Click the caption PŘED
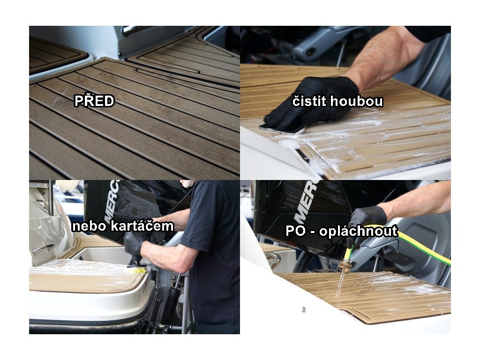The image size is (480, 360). point(94,101)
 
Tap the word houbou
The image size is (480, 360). point(357,101)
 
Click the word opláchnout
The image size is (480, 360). point(359,231)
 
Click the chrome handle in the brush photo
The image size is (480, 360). point(43,249)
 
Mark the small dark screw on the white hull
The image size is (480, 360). point(304,309)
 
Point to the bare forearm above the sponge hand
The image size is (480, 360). point(386,58)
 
